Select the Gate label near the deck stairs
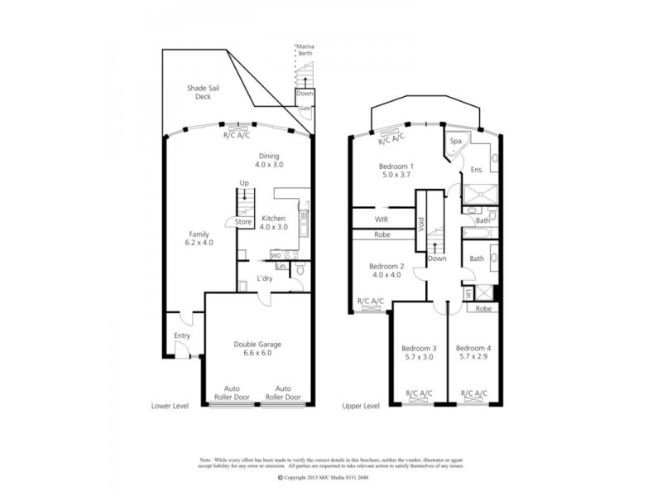click(305, 109)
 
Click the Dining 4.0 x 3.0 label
click(269, 160)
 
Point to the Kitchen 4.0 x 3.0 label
click(273, 222)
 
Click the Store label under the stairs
click(242, 222)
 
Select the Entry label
click(182, 335)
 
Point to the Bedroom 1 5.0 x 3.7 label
click(396, 171)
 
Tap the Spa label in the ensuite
click(455, 142)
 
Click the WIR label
click(382, 220)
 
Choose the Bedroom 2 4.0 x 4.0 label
click(386, 270)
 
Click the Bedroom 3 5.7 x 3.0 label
click(418, 353)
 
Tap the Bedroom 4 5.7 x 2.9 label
click(473, 353)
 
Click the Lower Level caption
click(171, 407)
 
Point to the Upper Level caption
click(361, 407)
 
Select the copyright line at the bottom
click(327, 478)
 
